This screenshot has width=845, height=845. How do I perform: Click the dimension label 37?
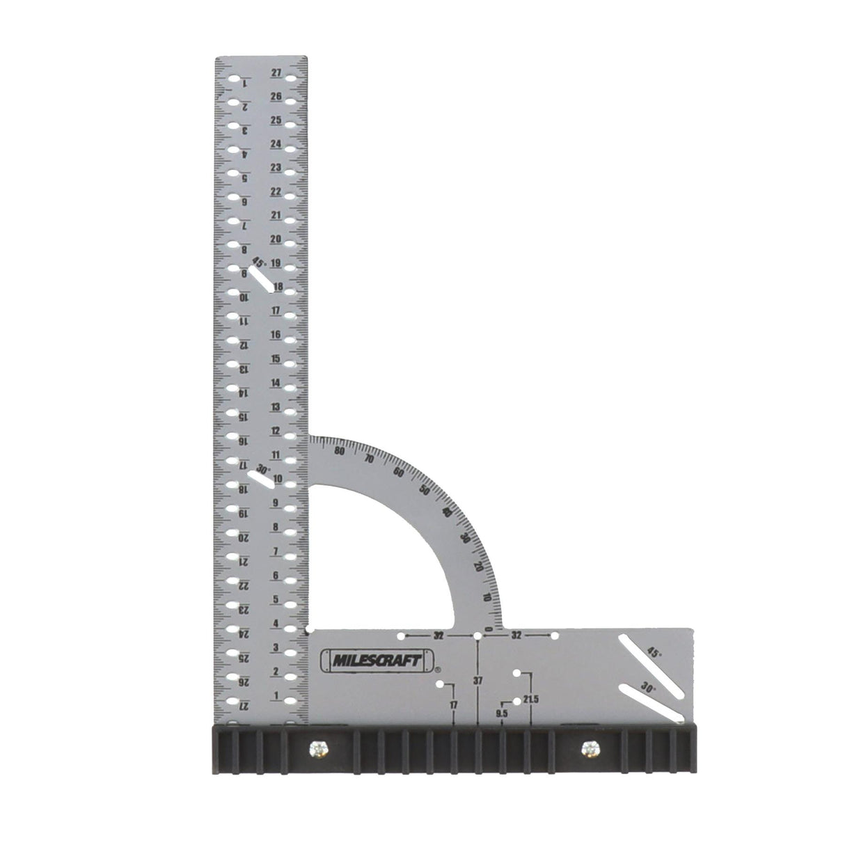pyautogui.click(x=478, y=680)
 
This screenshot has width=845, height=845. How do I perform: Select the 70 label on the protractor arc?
pyautogui.click(x=370, y=459)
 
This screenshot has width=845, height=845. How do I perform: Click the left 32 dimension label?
pyautogui.click(x=439, y=635)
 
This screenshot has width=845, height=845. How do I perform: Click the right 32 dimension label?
pyautogui.click(x=516, y=635)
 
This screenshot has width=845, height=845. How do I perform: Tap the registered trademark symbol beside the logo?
pyautogui.click(x=437, y=670)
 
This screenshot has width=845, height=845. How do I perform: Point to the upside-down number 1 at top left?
pyautogui.click(x=244, y=84)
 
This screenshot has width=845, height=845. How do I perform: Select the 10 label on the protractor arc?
pyautogui.click(x=486, y=598)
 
